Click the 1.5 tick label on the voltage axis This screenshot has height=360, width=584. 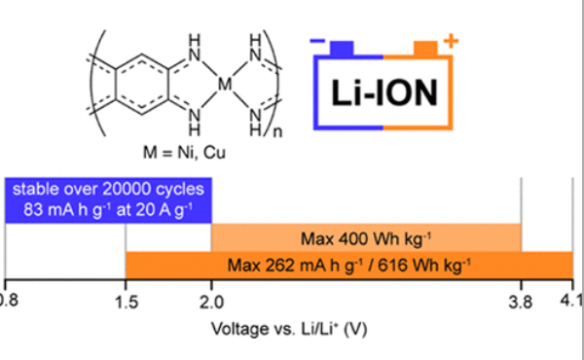127,303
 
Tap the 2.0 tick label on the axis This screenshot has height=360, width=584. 211,303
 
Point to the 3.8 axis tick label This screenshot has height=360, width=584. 521,303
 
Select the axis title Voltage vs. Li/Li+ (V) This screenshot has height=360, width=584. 289,329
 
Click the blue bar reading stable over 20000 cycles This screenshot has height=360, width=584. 108,200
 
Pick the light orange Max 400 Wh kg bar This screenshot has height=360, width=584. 366,237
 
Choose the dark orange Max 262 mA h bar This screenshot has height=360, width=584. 349,265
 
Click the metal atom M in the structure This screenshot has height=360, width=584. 225,85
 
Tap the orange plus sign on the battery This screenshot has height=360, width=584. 451,41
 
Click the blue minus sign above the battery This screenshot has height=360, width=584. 317,41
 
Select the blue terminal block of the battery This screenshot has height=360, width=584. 342,49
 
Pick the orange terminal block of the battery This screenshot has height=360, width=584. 425,49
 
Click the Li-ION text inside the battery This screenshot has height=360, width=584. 384,93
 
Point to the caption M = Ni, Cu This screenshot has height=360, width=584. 184,153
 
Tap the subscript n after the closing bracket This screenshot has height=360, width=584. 277,132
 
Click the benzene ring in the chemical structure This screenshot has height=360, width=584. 142,85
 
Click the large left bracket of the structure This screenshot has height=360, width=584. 96,83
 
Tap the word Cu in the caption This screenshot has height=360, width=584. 214,153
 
